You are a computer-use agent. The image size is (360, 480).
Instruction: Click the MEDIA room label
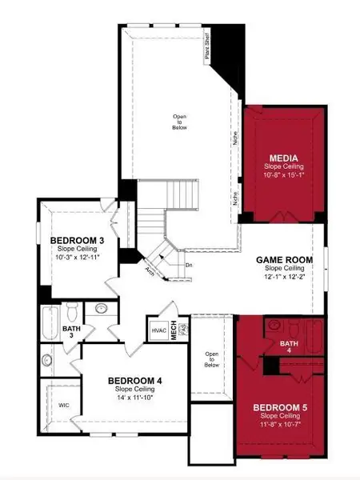point(284,157)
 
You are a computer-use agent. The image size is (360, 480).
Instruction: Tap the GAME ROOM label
point(282,260)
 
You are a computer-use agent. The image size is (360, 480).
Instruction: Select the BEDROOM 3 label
point(77,240)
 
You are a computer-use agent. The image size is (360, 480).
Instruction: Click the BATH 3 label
point(71,331)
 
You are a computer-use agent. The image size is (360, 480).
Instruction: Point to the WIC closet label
point(65,405)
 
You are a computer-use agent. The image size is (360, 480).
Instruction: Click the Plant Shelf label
point(208,53)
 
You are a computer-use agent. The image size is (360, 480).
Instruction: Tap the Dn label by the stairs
point(188,265)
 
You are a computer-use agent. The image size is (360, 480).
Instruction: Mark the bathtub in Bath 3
point(48,320)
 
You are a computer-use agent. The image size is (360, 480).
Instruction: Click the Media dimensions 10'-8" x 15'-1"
point(284,174)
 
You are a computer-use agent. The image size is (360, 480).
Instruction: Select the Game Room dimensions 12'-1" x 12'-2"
point(282,276)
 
